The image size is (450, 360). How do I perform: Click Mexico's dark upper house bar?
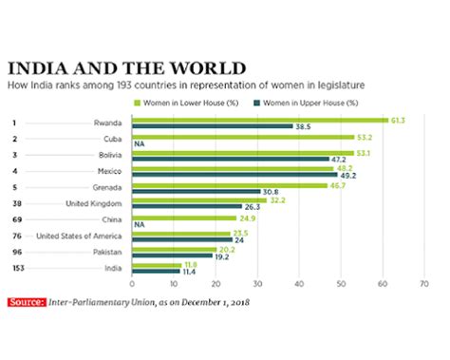click(x=234, y=176)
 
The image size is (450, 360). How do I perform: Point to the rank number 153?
click(x=18, y=269)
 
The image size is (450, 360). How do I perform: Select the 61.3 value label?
click(x=400, y=121)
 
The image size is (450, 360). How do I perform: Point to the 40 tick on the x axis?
click(x=300, y=284)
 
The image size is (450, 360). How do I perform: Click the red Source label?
click(x=27, y=302)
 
